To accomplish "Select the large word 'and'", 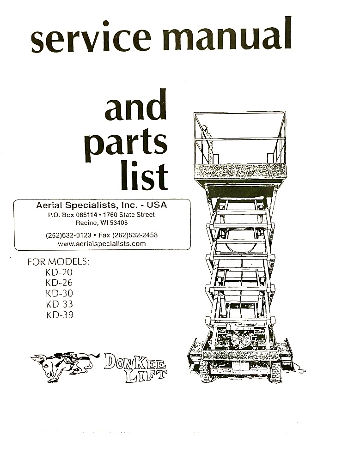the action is pos(136,104).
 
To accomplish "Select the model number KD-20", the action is pos(59,272).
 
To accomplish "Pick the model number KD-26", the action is pos(59,283).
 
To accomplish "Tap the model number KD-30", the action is pos(59,293).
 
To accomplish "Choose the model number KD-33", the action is pos(60,304).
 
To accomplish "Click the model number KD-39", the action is pos(60,315).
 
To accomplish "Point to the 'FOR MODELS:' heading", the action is pos(58,261).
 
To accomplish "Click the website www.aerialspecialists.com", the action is pos(102,243).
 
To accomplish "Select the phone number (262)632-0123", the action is pos(68,235).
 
